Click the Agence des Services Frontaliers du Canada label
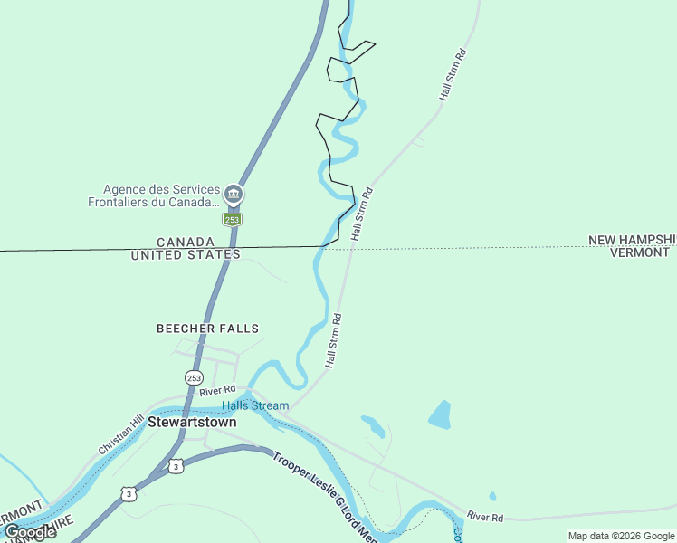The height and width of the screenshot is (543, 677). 154,195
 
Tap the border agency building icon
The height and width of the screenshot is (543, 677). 234,194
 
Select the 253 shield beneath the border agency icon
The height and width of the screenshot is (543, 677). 233,219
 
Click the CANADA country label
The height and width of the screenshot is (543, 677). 186,243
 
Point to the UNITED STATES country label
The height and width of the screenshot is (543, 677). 186,255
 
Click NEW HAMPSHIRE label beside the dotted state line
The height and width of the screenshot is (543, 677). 632,240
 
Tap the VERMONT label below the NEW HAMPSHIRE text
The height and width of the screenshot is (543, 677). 639,252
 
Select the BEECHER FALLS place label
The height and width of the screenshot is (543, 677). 207,329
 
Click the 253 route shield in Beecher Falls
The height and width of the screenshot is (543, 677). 194,376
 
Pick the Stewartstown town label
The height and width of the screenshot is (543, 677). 192,422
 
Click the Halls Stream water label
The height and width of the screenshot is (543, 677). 255,405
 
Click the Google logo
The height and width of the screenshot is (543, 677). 29,532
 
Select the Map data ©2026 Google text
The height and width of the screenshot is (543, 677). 621,536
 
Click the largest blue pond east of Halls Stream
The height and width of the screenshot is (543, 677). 440,414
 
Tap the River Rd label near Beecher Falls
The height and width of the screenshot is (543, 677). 217,391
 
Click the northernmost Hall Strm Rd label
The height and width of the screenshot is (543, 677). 453,74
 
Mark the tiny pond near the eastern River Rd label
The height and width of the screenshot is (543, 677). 491,496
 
